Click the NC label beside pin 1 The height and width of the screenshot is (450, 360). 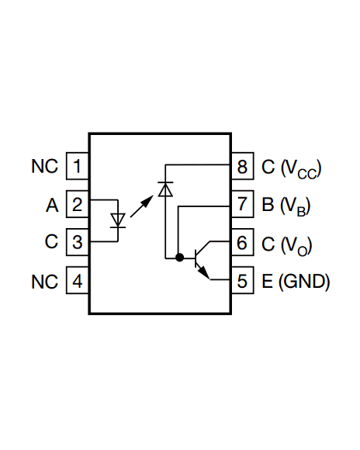pyautogui.click(x=45, y=167)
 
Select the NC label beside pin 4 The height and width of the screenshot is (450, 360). pyautogui.click(x=45, y=281)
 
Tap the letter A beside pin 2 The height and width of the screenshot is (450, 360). pyautogui.click(x=52, y=206)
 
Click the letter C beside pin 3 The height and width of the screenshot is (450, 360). pyautogui.click(x=52, y=242)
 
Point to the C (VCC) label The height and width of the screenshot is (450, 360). pyautogui.click(x=290, y=168)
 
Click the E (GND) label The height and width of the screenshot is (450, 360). pyautogui.click(x=296, y=281)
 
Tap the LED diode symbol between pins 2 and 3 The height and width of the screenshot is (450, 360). pyautogui.click(x=118, y=220)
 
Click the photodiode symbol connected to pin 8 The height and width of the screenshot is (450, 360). pyautogui.click(x=164, y=189)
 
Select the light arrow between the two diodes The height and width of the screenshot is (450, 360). pyautogui.click(x=141, y=206)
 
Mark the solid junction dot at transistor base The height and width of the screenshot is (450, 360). pyautogui.click(x=179, y=257)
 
